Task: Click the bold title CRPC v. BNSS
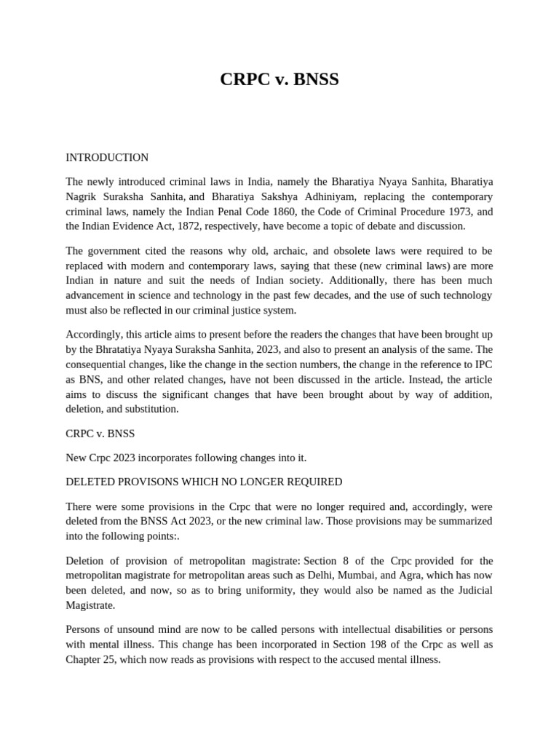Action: pyautogui.click(x=279, y=79)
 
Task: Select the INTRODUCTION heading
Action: pyautogui.click(x=107, y=157)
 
